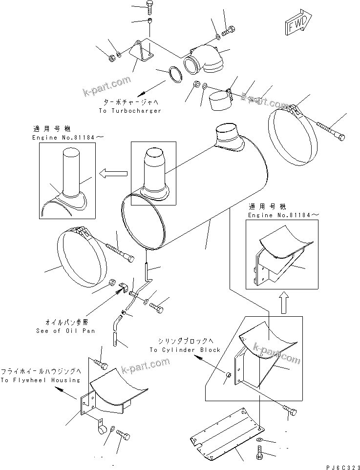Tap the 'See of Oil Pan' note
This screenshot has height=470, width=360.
[x=65, y=330]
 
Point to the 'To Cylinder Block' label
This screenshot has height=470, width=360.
[x=185, y=349]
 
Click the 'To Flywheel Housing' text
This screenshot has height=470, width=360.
[x=40, y=380]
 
